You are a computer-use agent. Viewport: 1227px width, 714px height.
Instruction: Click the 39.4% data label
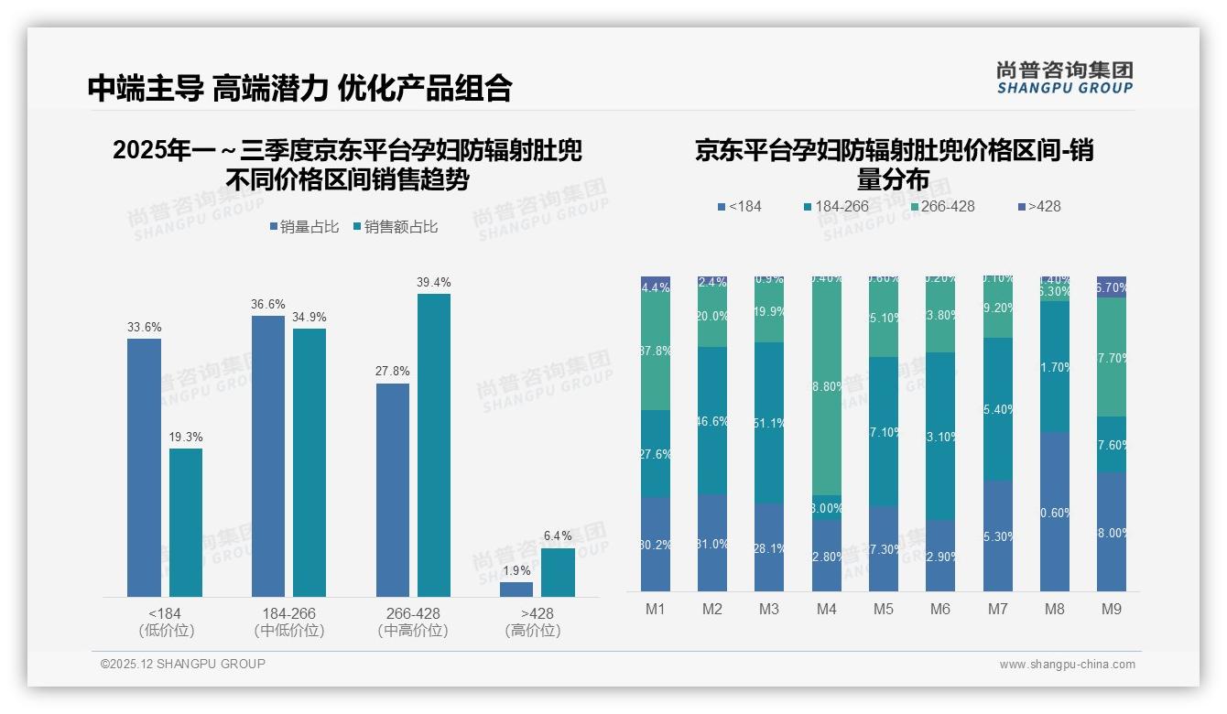[434, 282]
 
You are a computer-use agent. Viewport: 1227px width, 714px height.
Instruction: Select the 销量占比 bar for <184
[144, 467]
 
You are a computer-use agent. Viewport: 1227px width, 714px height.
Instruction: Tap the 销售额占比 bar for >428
[558, 572]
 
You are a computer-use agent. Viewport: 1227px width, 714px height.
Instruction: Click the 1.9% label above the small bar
[516, 570]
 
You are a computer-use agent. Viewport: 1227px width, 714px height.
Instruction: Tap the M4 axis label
[826, 609]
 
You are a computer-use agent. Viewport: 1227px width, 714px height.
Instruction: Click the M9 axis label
[1111, 609]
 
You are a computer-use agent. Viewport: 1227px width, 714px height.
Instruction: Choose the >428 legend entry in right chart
[1038, 206]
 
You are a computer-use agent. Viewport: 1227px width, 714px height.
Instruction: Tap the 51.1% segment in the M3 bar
[769, 422]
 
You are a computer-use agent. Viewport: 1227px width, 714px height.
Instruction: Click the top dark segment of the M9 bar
[1111, 287]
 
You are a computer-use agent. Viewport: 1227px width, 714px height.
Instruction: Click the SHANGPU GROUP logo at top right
[1064, 78]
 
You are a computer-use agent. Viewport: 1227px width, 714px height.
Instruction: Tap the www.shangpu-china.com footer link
[1067, 665]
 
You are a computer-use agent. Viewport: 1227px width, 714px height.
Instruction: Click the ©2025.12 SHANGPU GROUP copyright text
[183, 664]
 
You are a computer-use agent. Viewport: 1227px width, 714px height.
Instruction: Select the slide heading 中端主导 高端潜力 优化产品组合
[299, 88]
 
